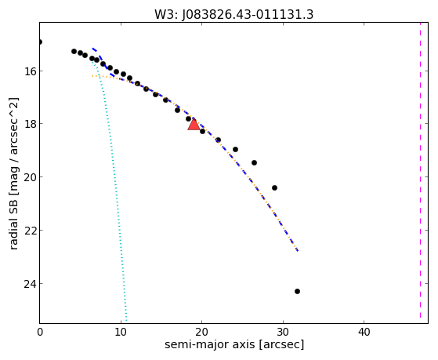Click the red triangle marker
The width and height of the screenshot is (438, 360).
194,125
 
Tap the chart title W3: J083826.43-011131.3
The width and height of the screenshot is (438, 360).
233,14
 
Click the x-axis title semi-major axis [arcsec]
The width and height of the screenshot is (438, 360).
234,344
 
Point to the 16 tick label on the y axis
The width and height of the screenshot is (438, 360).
31,71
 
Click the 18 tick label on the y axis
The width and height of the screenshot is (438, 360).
31,124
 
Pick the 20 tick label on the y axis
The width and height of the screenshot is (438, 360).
31,177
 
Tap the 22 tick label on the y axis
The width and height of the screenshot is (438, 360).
31,231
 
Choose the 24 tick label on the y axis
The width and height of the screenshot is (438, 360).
31,284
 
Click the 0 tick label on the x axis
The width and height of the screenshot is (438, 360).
40,333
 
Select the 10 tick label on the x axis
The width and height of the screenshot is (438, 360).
121,333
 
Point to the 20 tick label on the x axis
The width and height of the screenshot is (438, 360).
201,333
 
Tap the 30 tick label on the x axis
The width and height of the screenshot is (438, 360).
283,333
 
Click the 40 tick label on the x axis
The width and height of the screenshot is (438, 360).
364,333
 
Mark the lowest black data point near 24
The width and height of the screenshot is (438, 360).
297,292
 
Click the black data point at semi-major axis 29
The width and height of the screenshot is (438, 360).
274,187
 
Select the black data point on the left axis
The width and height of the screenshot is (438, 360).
40,42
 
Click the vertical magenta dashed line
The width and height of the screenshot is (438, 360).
420,170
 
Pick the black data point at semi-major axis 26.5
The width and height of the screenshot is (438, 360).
254,163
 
